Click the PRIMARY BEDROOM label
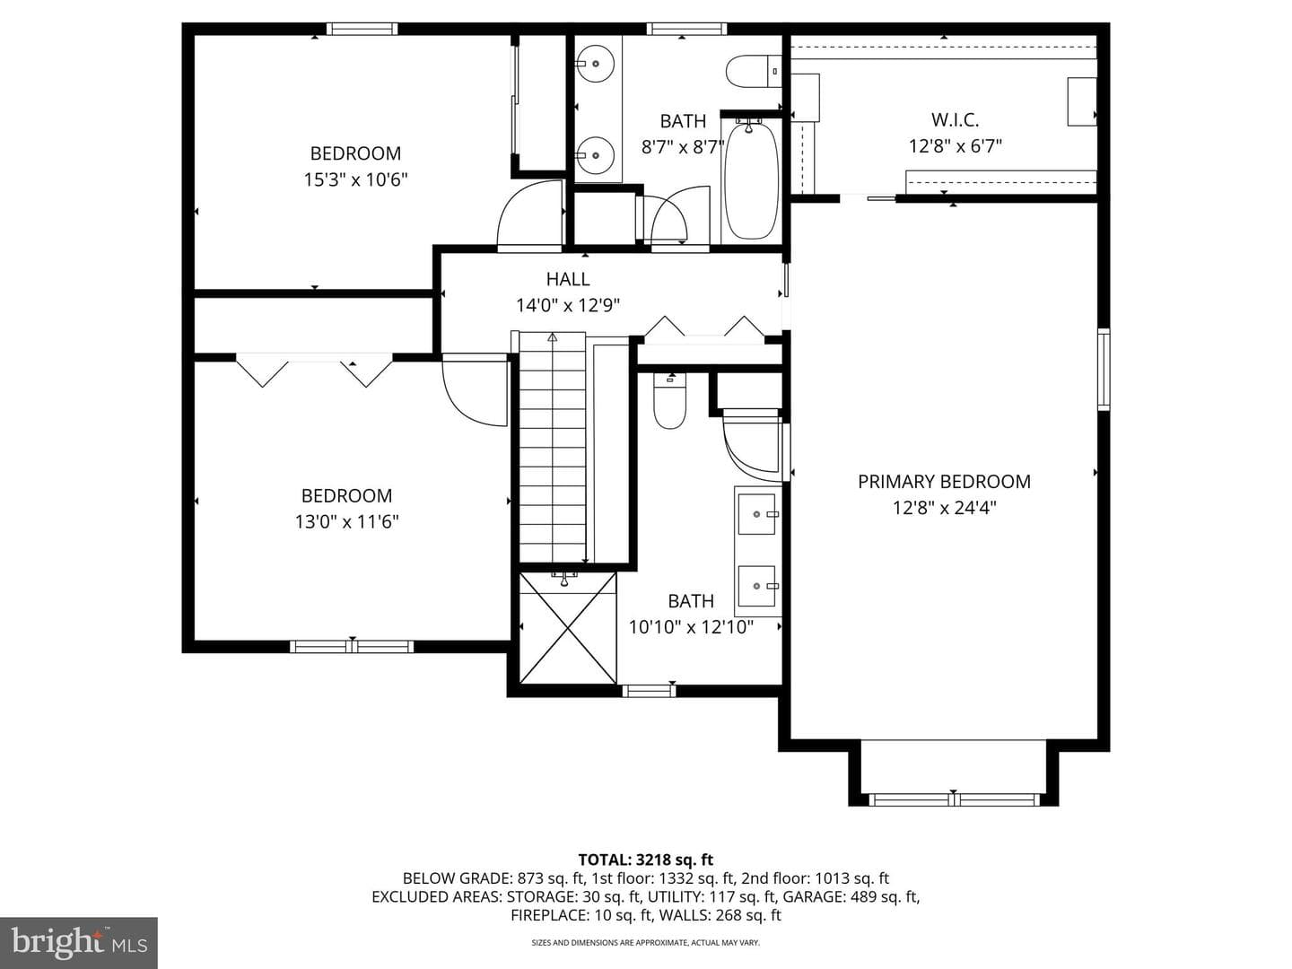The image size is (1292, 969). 944,482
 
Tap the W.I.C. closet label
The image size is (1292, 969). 955,120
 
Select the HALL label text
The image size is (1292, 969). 567,279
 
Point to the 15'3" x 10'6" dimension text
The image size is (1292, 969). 355,179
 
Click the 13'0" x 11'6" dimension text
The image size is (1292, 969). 346,522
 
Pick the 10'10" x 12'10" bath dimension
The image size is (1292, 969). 691,627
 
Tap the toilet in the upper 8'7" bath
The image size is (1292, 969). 753,72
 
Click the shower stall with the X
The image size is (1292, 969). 568,628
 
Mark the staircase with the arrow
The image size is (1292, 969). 552,447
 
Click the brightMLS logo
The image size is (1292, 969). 78,942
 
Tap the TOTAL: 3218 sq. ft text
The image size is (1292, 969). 646,860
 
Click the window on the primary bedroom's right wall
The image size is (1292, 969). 1104,369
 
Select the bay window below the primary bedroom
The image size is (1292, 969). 954,799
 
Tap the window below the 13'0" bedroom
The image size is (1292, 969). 352,647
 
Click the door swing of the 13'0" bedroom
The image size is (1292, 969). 475,390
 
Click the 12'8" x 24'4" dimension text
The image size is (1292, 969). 944,508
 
